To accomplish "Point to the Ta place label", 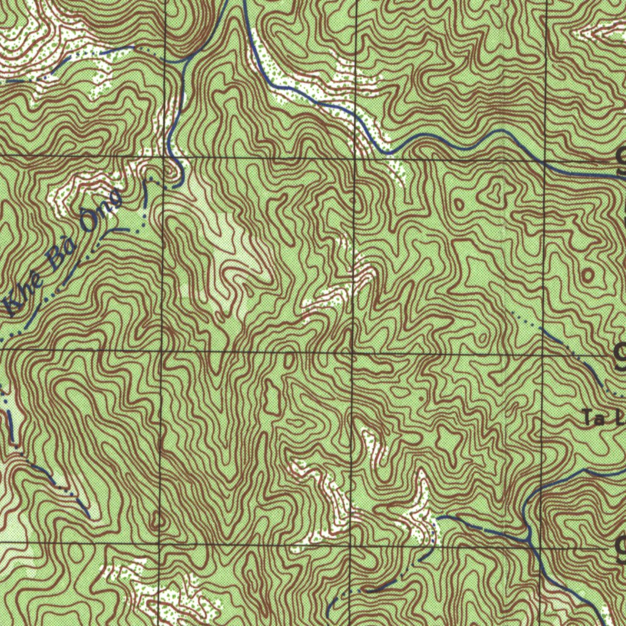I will coord(592,419).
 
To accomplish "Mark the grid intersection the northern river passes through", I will coord(544,163).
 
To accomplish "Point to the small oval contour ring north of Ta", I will coord(588,274).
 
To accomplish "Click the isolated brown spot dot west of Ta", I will coord(421,398).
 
